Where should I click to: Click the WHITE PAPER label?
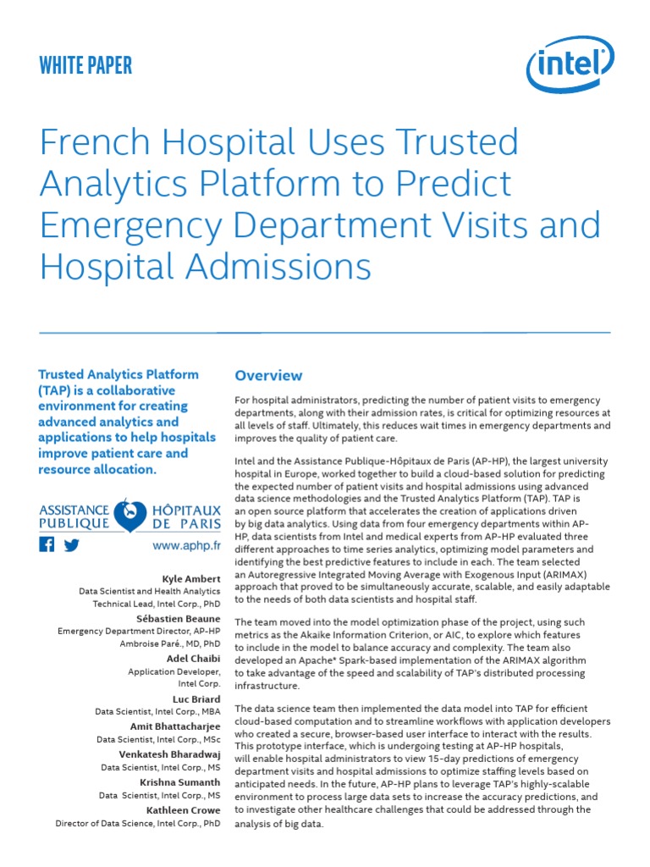click(x=85, y=66)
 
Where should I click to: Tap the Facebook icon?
click(x=47, y=544)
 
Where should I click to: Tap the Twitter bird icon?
click(x=71, y=544)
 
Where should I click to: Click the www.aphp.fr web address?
click(x=186, y=546)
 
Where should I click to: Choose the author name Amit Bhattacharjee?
click(x=175, y=726)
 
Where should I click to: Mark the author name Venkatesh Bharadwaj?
click(x=169, y=754)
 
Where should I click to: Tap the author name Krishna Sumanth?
click(x=181, y=781)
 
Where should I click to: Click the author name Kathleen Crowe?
click(x=183, y=809)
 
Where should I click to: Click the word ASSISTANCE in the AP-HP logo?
click(x=74, y=510)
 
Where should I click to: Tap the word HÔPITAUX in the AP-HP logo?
click(x=187, y=510)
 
